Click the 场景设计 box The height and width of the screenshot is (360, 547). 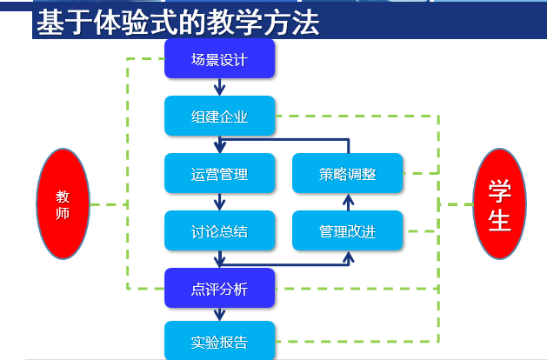219,60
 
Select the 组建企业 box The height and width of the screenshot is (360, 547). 219,117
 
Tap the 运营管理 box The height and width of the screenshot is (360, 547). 219,173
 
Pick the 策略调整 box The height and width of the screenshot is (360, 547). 347,173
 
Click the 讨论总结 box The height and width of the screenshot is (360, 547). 219,230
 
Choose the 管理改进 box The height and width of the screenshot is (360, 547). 347,230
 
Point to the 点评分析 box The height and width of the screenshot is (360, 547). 219,289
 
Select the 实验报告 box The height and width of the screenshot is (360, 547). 219,342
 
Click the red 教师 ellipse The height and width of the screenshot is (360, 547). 63,204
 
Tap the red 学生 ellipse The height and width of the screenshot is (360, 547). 499,204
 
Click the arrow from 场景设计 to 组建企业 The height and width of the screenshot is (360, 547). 220,88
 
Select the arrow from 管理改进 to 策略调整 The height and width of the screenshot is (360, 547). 348,202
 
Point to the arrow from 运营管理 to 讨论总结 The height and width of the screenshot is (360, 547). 220,202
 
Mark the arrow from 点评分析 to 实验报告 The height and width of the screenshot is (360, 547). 220,315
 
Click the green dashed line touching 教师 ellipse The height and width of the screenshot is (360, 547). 109,204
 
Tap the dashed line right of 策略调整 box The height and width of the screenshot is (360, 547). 421,173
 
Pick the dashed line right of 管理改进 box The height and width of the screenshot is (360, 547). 421,230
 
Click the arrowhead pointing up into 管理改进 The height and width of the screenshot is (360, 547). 348,257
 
